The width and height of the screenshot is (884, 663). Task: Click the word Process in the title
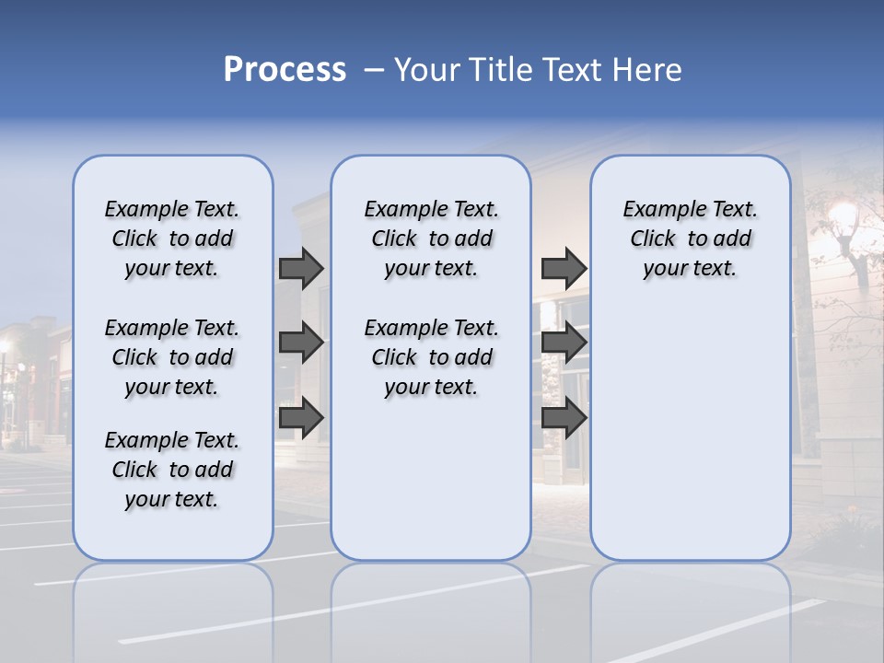coord(285,70)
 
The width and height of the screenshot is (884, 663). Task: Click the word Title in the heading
coord(498,70)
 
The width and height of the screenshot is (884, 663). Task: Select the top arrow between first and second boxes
coord(301,268)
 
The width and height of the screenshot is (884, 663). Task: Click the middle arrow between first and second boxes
coord(301,343)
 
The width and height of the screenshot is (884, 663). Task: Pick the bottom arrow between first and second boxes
coord(301,417)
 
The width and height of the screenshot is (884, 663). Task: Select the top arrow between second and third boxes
coord(564,268)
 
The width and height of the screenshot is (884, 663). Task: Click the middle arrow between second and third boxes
coord(564,343)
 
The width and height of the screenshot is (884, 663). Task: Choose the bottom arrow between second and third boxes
coord(564,417)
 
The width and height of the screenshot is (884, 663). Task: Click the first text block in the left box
coord(172,238)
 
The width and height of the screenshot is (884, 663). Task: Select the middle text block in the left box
coord(172,357)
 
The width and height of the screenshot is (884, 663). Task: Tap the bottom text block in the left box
coord(172,470)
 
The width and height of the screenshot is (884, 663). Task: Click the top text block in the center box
coord(431,238)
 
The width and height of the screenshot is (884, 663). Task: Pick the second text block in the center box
coord(431,357)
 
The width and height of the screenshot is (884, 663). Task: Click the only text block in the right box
coord(690,238)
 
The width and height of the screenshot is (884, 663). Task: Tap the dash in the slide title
coord(374,71)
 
